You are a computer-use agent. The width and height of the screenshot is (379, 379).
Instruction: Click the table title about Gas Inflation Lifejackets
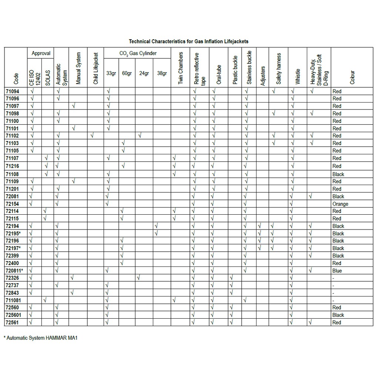coord(188,41)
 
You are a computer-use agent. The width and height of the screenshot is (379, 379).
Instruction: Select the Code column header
coord(16,78)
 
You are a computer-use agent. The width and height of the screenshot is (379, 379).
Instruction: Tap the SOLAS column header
coord(48,77)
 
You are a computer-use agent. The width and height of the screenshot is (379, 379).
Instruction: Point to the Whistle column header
coord(298,76)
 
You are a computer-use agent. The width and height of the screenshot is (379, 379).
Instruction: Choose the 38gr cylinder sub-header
coord(162,73)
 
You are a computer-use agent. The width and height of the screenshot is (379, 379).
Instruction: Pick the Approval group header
coord(41,53)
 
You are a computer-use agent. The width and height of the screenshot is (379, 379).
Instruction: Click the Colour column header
coord(352,77)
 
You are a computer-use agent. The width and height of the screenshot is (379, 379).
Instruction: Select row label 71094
coord(12,91)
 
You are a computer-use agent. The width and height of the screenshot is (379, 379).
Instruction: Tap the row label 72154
coord(12,204)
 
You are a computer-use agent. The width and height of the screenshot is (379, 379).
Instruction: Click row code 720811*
coord(14,271)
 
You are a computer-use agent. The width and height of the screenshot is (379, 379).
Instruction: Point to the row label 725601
coord(14,315)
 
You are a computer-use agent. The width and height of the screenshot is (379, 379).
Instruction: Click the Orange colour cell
coord(340,204)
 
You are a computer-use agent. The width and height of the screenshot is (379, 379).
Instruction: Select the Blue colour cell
coord(337,271)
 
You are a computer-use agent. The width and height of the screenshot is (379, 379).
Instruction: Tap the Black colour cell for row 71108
coord(338,174)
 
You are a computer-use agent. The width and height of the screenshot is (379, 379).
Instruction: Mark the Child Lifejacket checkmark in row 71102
coord(92,136)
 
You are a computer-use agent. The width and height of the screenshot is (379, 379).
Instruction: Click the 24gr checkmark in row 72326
coord(138,278)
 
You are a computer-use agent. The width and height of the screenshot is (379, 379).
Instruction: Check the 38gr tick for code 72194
coord(156,226)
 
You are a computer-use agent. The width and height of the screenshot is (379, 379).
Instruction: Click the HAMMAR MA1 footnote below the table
coord(42,338)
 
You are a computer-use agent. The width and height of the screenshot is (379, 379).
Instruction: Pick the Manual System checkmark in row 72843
coord(73,292)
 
